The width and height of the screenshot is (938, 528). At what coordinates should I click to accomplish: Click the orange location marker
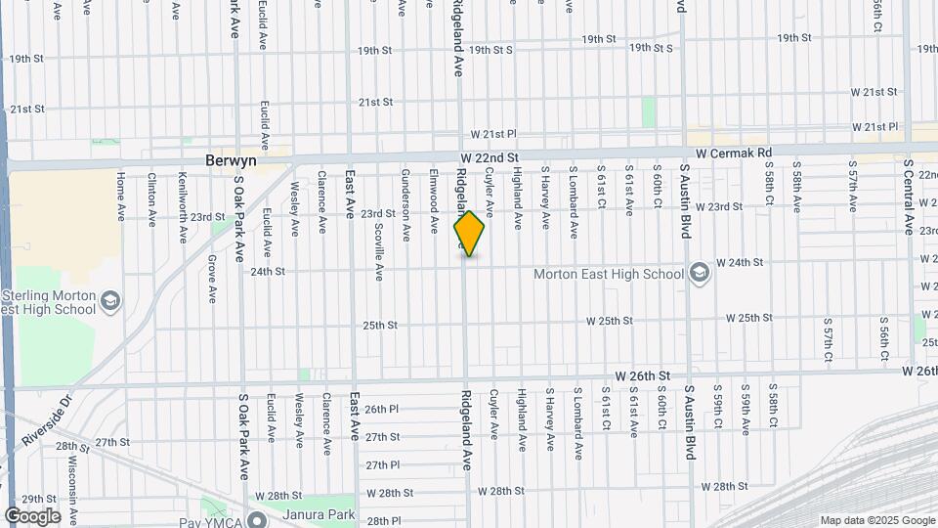469,234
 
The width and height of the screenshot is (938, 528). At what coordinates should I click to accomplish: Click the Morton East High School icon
699,273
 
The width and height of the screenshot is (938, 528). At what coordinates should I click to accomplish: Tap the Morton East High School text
608,274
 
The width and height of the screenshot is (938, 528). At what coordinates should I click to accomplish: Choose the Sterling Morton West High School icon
109,300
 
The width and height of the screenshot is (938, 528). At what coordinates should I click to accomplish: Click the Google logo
32,516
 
